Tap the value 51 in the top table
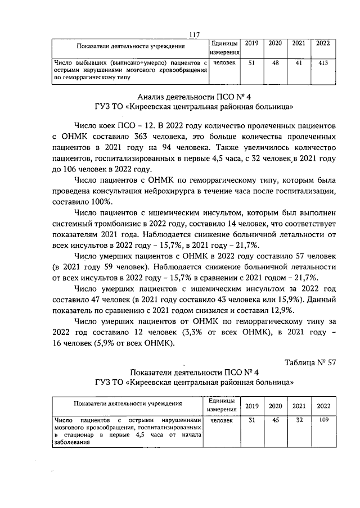pyautogui.click(x=251, y=63)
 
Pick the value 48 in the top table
pyautogui.click(x=276, y=63)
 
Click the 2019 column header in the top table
pyautogui.click(x=251, y=43)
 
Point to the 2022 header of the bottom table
pyautogui.click(x=323, y=405)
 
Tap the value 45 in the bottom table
pyautogui.click(x=276, y=420)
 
